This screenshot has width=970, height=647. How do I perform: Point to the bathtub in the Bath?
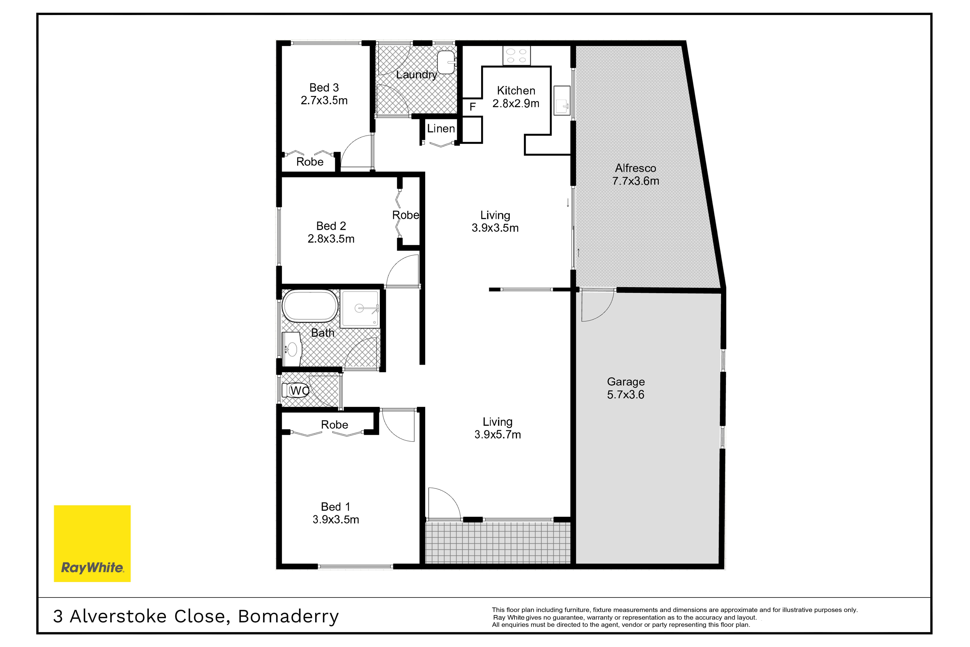click(x=310, y=306)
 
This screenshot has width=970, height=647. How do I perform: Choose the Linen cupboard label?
click(x=441, y=129)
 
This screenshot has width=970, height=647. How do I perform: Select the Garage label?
click(x=626, y=382)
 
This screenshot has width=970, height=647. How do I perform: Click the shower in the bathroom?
click(x=360, y=309)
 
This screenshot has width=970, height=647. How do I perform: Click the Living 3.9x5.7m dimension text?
click(x=498, y=434)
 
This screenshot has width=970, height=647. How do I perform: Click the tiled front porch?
click(x=498, y=543)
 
